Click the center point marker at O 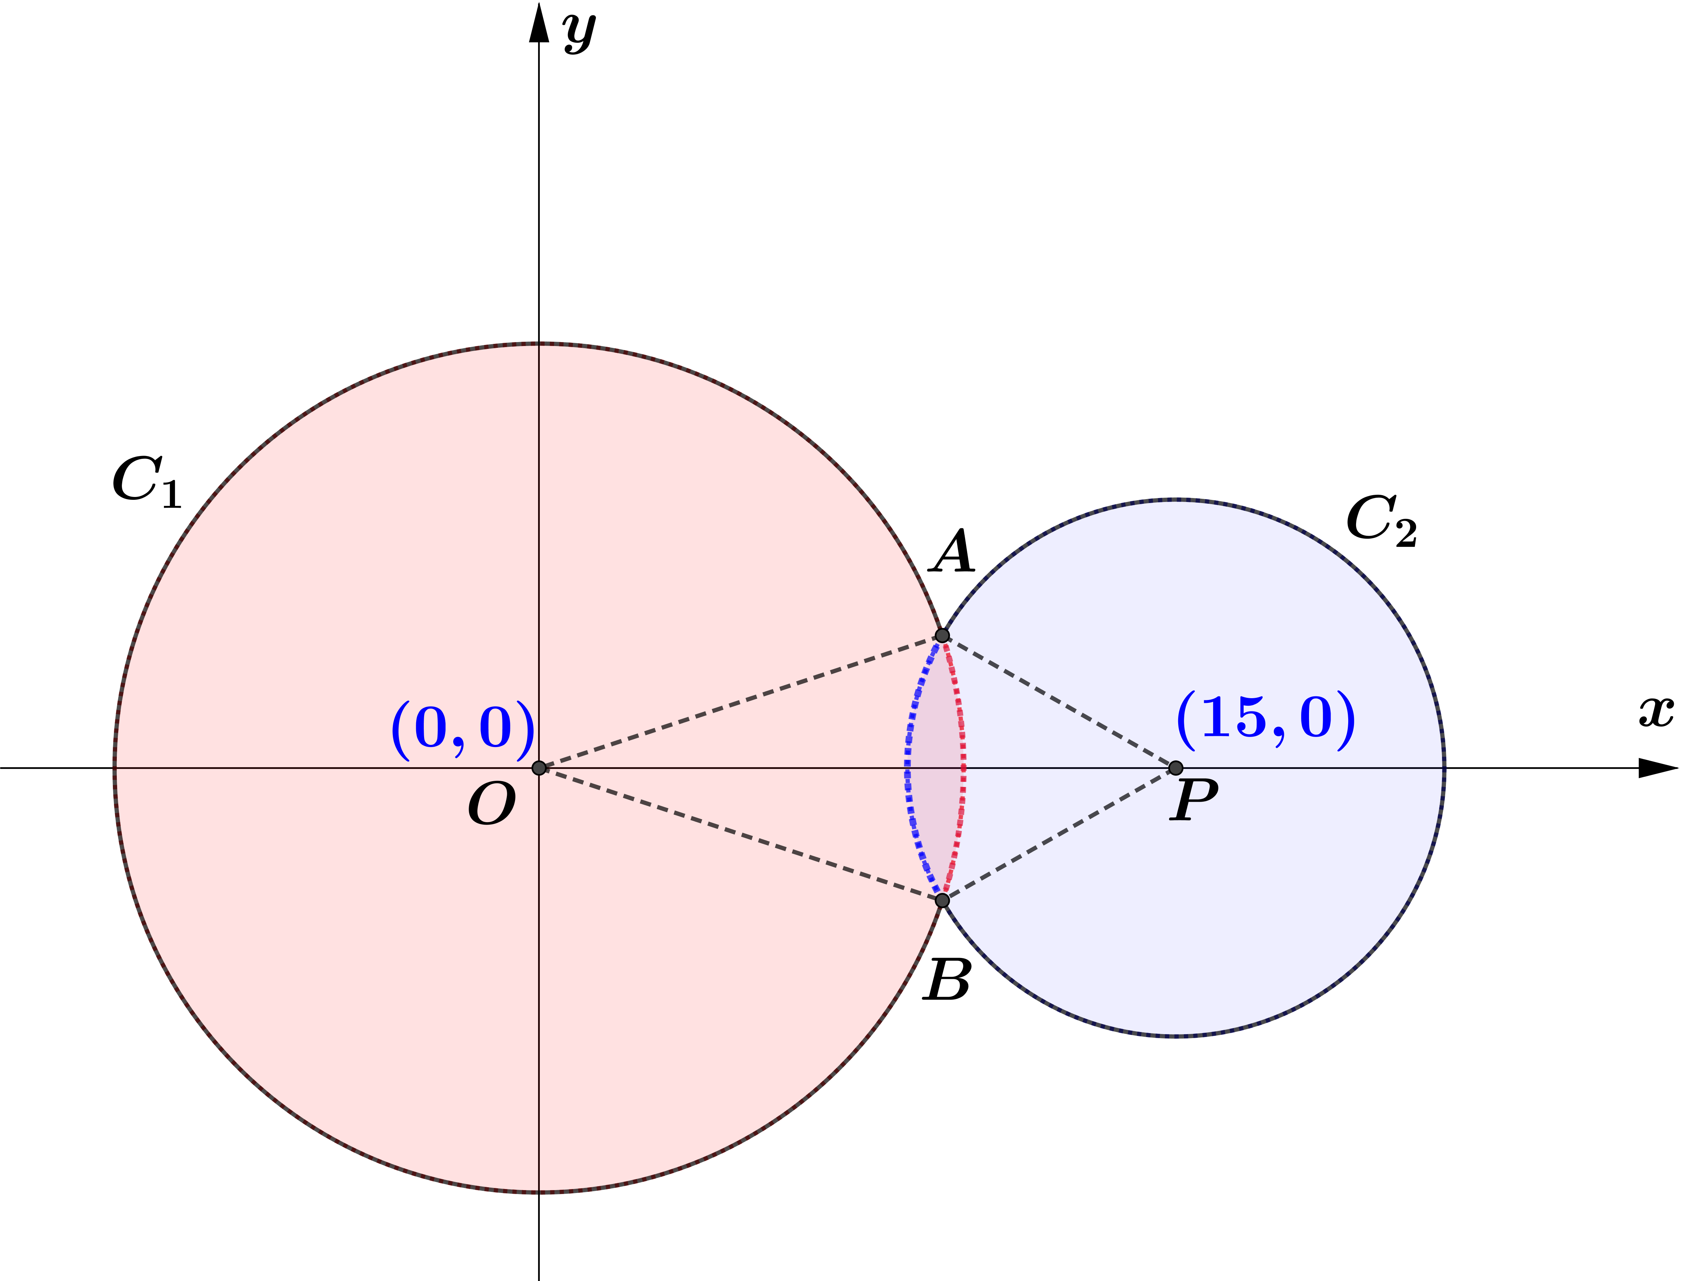coord(538,768)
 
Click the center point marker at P coord(1175,768)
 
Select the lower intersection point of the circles coord(942,900)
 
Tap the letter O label coord(492,805)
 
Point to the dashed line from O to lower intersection coord(740,834)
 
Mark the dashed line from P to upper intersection coord(1058,701)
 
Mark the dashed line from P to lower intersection coord(1058,834)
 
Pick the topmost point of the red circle coord(538,345)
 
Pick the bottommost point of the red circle coord(538,1190)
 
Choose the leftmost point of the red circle coord(117,768)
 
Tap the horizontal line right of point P coord(1312,768)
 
